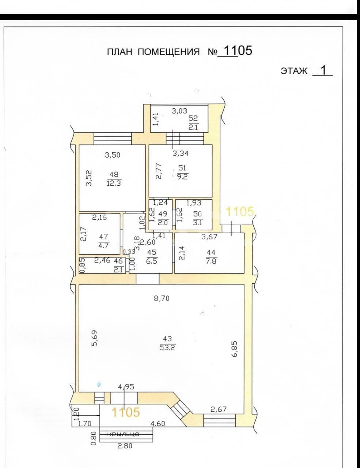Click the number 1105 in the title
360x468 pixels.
238,51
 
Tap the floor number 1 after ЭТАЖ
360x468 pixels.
323,70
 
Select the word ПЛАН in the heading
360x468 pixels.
120,52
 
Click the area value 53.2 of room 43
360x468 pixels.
167,348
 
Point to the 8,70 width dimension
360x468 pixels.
162,298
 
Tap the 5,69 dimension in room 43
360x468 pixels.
95,338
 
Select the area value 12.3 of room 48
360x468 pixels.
114,183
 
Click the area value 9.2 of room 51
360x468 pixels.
182,177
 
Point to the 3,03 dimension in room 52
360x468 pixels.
180,111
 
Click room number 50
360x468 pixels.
197,214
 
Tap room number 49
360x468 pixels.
163,214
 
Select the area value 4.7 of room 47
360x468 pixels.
103,245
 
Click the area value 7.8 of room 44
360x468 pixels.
211,261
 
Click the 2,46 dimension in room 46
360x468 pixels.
102,260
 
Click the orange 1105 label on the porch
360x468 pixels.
126,412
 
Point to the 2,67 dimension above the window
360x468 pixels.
219,409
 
